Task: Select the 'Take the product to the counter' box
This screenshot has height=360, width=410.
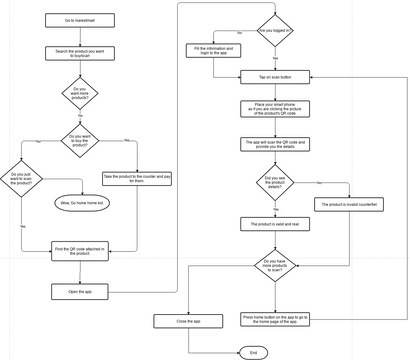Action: click(x=134, y=179)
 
